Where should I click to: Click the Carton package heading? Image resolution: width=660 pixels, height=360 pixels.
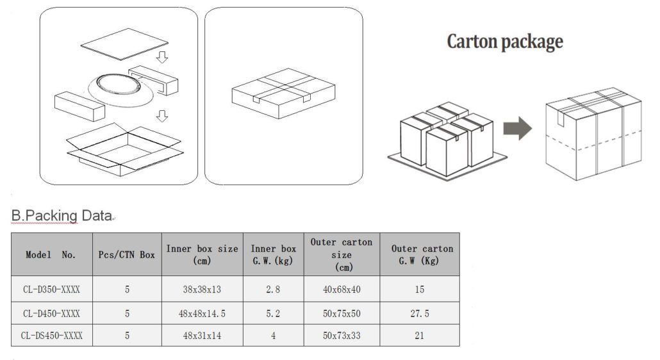pyautogui.click(x=505, y=42)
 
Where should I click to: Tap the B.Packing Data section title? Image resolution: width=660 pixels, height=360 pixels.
pyautogui.click(x=62, y=215)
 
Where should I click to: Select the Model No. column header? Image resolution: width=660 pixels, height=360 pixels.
pyautogui.click(x=51, y=254)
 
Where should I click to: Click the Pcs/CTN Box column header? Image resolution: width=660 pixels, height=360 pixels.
pyautogui.click(x=127, y=254)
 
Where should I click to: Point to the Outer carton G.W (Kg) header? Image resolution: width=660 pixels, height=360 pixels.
pyautogui.click(x=422, y=254)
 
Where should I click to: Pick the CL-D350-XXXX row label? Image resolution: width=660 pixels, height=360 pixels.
pyautogui.click(x=51, y=290)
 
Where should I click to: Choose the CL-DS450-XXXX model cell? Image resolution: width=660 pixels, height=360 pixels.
pyautogui.click(x=51, y=335)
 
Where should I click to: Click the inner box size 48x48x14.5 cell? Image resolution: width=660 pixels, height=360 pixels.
pyautogui.click(x=202, y=313)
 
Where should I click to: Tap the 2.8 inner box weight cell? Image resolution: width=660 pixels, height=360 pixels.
pyautogui.click(x=273, y=290)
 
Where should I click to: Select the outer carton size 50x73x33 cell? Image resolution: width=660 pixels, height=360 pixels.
pyautogui.click(x=342, y=335)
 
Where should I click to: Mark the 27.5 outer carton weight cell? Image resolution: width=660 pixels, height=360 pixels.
pyautogui.click(x=420, y=313)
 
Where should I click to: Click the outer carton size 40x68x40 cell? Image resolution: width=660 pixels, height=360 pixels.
pyautogui.click(x=342, y=290)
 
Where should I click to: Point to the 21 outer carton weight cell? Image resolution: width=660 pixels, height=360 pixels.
pyautogui.click(x=419, y=335)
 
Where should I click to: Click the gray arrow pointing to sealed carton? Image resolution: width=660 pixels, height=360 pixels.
pyautogui.click(x=518, y=128)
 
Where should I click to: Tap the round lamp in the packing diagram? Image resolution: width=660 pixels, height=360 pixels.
pyautogui.click(x=120, y=89)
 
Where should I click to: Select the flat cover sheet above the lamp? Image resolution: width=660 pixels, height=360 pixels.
pyautogui.click(x=124, y=44)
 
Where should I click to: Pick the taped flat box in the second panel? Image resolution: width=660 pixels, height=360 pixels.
pyautogui.click(x=283, y=93)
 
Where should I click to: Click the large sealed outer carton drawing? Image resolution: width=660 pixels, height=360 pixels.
pyautogui.click(x=593, y=134)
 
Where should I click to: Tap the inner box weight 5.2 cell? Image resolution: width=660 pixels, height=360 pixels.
pyautogui.click(x=273, y=313)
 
